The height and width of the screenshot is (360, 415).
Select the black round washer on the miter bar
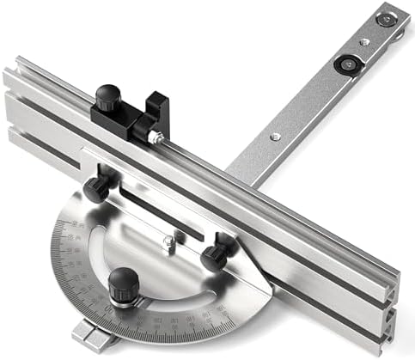[x=348, y=62]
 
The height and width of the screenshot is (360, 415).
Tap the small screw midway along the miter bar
[x=274, y=136]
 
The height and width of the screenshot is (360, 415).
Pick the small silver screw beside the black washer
[x=364, y=40]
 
